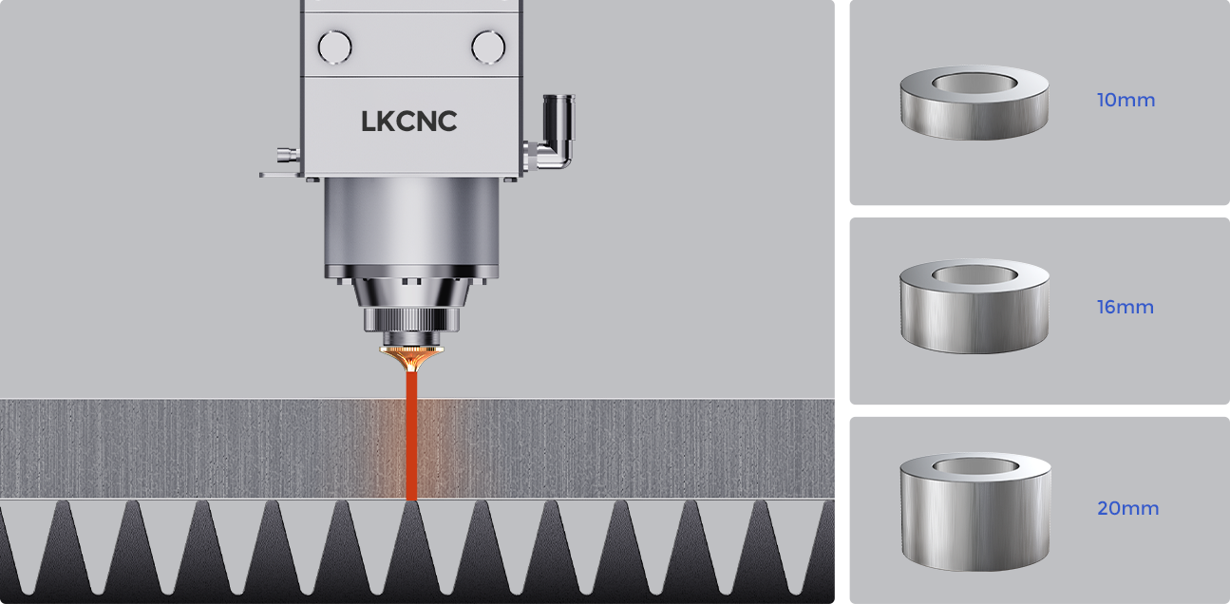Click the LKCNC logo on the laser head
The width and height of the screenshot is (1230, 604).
(408, 122)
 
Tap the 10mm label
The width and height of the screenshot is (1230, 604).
(1126, 100)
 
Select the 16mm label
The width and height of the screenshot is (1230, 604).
(1126, 308)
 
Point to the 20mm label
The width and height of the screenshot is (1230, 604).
(1127, 508)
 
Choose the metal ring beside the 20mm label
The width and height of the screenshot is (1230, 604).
(975, 518)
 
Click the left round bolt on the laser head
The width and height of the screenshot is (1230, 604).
(334, 47)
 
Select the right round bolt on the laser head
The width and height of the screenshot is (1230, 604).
(488, 47)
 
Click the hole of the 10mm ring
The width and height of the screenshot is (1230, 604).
(975, 83)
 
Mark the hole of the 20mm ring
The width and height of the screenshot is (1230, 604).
(975, 466)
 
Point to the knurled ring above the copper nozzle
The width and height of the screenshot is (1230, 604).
(411, 318)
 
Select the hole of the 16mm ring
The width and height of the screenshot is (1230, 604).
(975, 274)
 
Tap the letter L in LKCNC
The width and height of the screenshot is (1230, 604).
(369, 122)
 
